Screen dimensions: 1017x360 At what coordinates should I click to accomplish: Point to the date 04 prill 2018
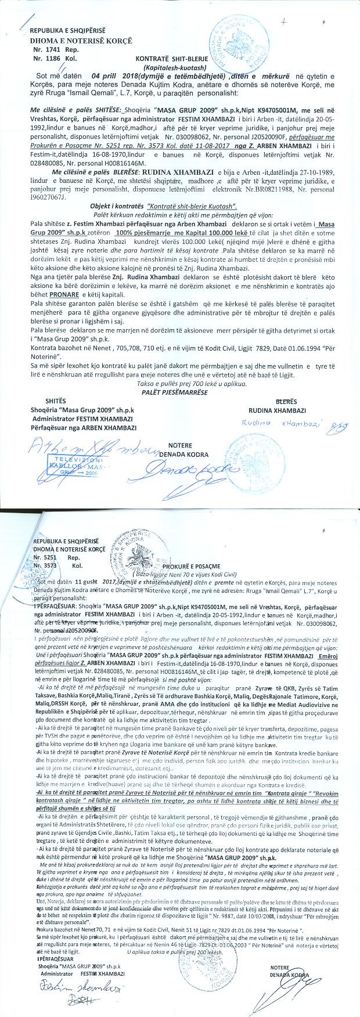click(x=116, y=76)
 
